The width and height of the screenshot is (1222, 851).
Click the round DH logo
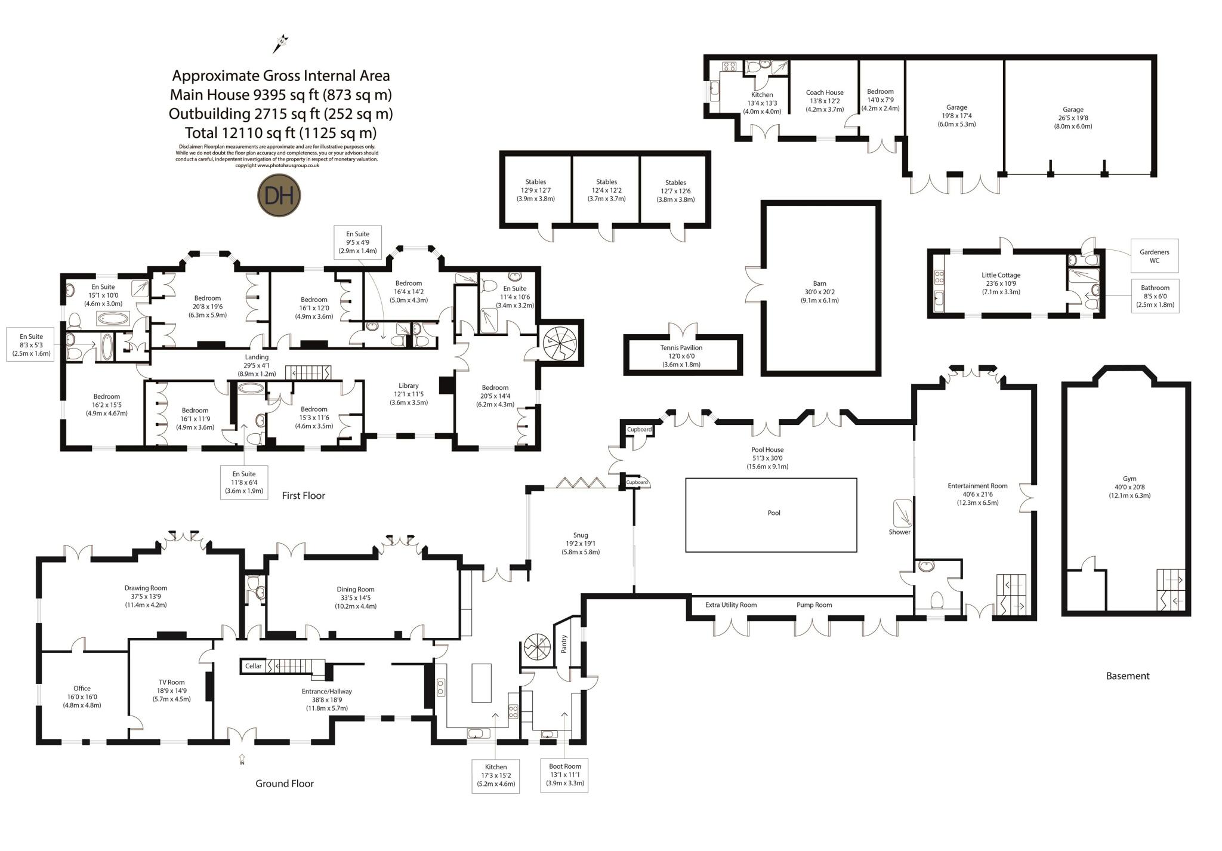pos(279,196)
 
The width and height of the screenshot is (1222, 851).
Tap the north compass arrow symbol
pos(280,44)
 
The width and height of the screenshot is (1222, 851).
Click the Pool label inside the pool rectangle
pos(774,513)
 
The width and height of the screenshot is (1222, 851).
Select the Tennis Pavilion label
pos(681,347)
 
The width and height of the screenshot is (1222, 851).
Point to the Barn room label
pos(819,283)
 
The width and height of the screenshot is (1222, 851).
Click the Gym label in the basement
pos(1130,479)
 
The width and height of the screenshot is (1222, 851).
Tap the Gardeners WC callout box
pos(1155,256)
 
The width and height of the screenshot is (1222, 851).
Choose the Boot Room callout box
pos(564,775)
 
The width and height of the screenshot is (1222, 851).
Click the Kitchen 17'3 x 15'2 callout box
pos(496,776)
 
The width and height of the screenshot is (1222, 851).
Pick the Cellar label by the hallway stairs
pos(254,666)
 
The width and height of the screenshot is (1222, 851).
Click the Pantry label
pos(564,644)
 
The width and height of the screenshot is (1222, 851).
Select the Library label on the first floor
pos(409,386)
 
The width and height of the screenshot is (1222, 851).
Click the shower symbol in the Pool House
pos(903,512)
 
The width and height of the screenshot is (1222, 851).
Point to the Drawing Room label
pos(146,588)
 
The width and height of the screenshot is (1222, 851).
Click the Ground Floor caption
pos(285,784)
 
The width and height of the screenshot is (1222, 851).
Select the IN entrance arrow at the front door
pos(242,759)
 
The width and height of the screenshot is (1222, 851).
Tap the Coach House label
pos(825,92)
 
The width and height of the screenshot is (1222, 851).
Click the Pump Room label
pos(814,605)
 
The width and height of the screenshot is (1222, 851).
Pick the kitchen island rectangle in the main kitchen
pos(482,683)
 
